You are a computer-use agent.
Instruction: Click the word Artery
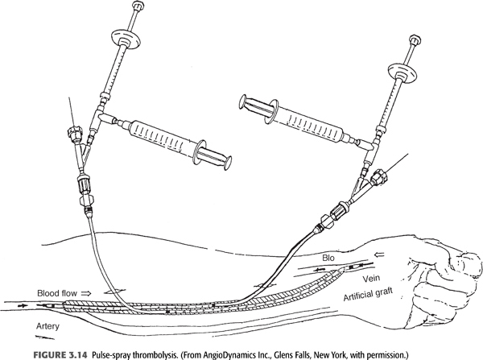[x=47, y=326]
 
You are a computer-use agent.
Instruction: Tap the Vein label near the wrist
[x=371, y=279]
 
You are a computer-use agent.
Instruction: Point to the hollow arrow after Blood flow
[x=86, y=293]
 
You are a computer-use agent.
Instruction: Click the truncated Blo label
[x=328, y=258]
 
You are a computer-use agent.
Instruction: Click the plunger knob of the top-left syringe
[x=136, y=6]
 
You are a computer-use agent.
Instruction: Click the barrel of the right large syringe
[x=312, y=122]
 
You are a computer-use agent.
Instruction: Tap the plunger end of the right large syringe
[x=243, y=102]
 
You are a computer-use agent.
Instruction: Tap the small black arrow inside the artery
[x=23, y=306]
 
